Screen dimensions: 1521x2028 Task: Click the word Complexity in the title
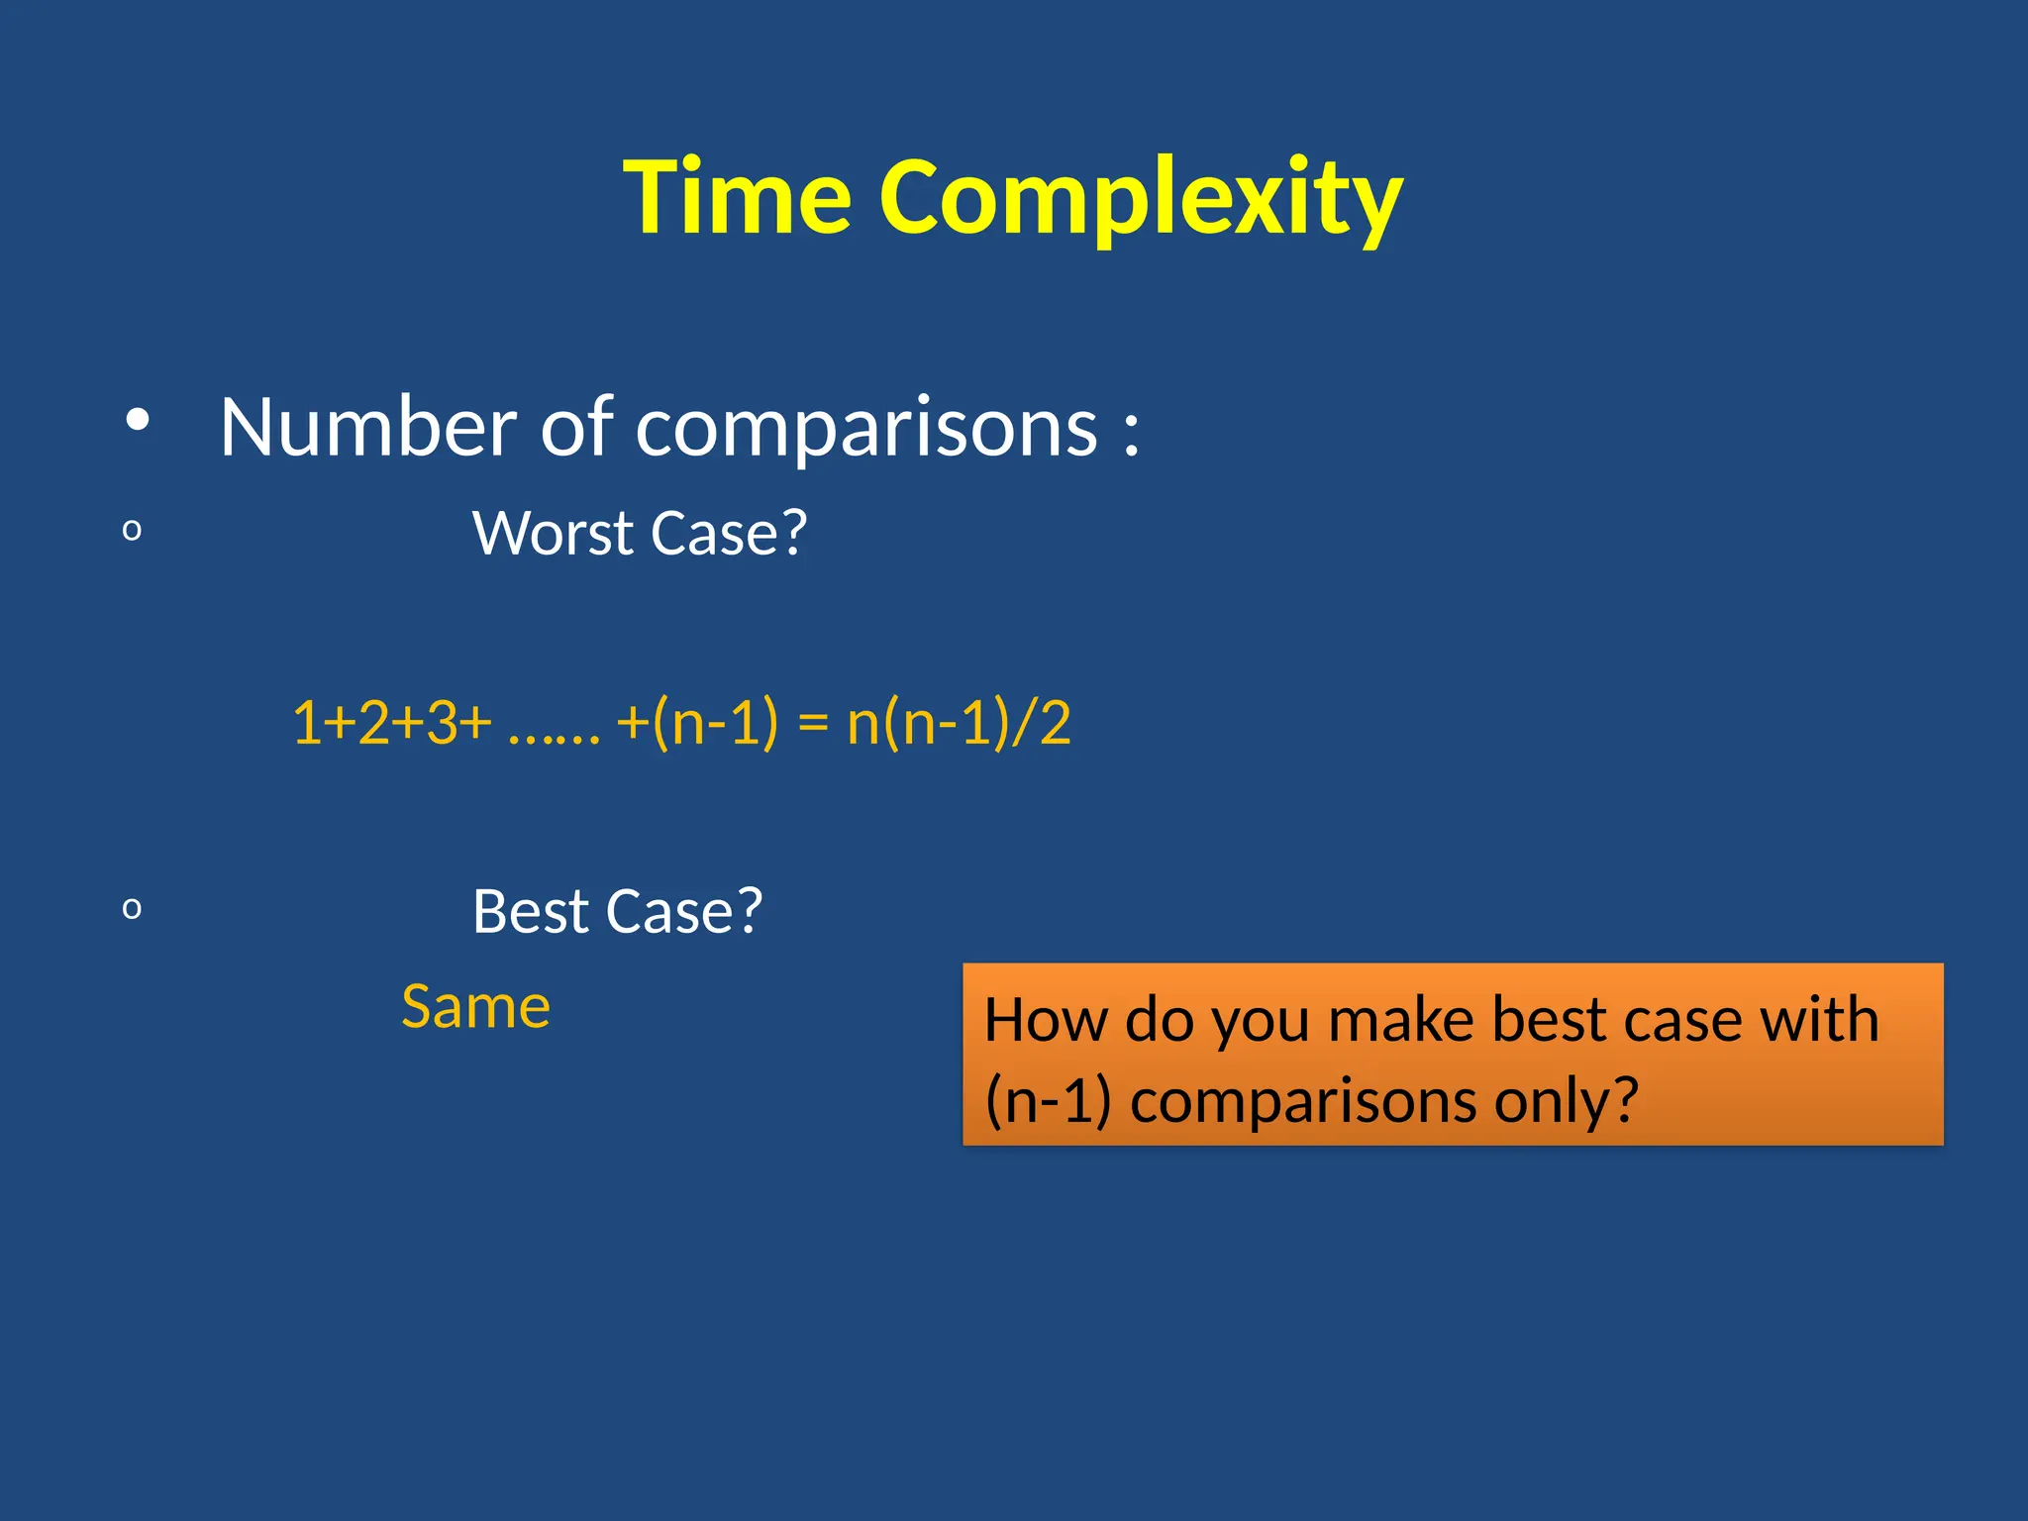point(1141,198)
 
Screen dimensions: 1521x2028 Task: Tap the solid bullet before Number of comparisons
point(138,421)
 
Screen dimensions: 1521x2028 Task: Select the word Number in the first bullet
point(367,427)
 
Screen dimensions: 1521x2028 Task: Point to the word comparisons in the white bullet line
point(866,429)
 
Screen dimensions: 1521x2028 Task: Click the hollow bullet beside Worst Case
point(132,531)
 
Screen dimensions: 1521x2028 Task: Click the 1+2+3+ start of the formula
point(391,722)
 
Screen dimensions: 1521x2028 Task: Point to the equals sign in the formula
point(812,723)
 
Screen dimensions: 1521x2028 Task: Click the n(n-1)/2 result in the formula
point(959,722)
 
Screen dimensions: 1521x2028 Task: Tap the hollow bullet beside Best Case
point(132,908)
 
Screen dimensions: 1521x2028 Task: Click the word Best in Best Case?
point(531,911)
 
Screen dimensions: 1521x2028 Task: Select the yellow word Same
point(475,1007)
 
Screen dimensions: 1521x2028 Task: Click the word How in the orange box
point(1045,1020)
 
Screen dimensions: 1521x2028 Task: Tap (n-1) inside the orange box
point(1048,1101)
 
